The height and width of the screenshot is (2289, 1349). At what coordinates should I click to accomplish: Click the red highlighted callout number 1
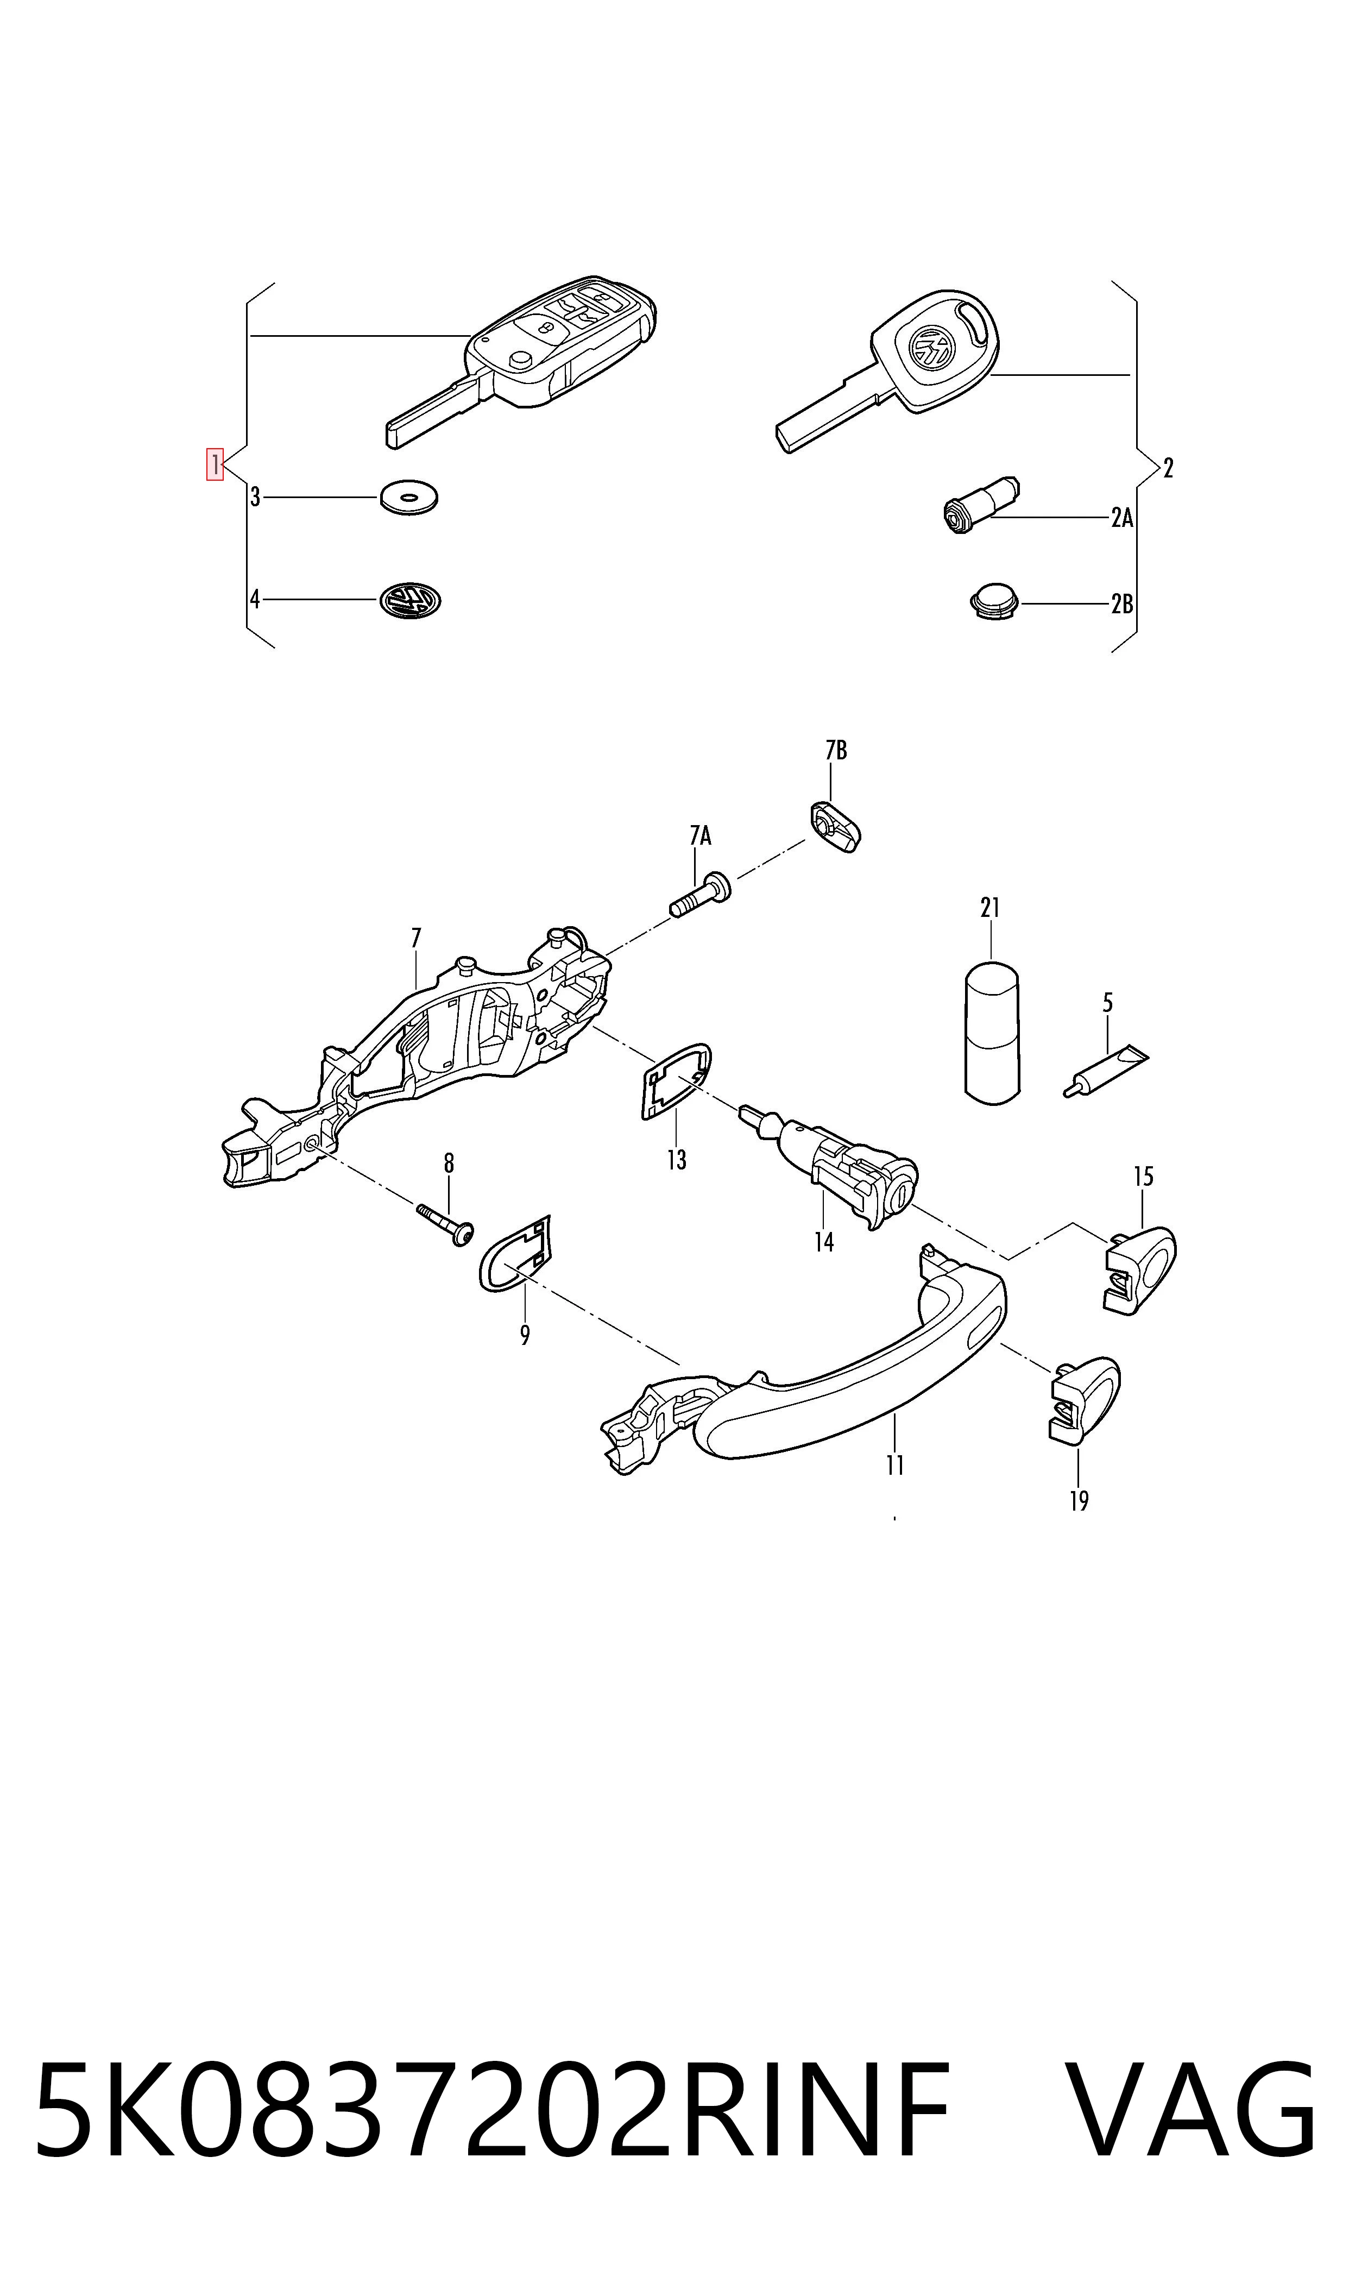coord(215,464)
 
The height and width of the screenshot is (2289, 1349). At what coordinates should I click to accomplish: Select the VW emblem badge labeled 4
coord(410,601)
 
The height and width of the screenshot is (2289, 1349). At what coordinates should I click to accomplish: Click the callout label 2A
coord(1122,518)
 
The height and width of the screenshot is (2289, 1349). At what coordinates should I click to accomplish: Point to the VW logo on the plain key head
coord(932,345)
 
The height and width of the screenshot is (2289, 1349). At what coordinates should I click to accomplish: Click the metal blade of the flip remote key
coord(432,413)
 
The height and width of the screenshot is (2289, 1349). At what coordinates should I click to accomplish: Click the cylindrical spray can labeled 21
coord(991,1032)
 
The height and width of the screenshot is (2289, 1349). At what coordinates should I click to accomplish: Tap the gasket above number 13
coord(676,1082)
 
